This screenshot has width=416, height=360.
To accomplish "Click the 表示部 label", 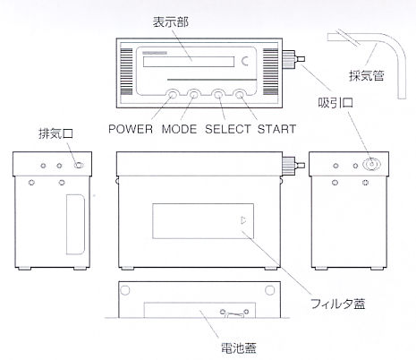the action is coord(171,22).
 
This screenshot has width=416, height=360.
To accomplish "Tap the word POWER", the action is coord(131,129).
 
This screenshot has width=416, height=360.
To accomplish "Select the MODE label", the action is coord(179,129).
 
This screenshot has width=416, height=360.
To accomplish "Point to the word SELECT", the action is coord(228,129).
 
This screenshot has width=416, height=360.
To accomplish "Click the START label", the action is coord(276,129).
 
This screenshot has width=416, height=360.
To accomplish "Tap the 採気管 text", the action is coord(367,75).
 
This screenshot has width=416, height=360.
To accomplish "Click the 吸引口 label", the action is coord(335,103).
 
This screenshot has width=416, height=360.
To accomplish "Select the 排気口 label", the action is coord(56,133).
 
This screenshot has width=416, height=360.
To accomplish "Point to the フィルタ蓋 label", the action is coord(338,304).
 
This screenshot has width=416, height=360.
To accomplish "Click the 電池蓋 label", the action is coord(239,348).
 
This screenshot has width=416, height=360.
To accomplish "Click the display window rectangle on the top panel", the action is coord(189,62).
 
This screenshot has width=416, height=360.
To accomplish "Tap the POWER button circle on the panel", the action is coord(172,95).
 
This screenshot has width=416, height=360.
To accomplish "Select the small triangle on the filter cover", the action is coord(243,220).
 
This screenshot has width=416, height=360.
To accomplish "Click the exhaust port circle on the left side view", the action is coord(79,165).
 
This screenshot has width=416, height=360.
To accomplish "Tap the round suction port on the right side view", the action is coord(371,164).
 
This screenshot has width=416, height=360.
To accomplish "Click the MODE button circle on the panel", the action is coord(194,95).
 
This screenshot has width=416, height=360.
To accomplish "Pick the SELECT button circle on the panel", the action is coord(218,95).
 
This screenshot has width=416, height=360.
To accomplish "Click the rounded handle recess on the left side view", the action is coord(75,225).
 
